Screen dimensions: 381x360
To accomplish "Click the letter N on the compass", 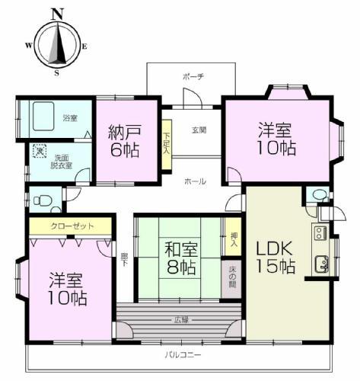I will (x=57, y=13).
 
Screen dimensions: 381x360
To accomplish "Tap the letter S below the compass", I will (x=56, y=73).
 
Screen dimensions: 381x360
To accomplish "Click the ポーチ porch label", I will (x=193, y=77).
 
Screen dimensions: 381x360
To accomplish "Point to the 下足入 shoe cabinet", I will (x=167, y=143).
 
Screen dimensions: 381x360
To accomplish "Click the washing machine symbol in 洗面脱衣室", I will (x=40, y=152).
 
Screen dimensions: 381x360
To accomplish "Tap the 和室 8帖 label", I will (x=179, y=258).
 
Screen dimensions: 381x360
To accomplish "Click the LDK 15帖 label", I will (x=275, y=258).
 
